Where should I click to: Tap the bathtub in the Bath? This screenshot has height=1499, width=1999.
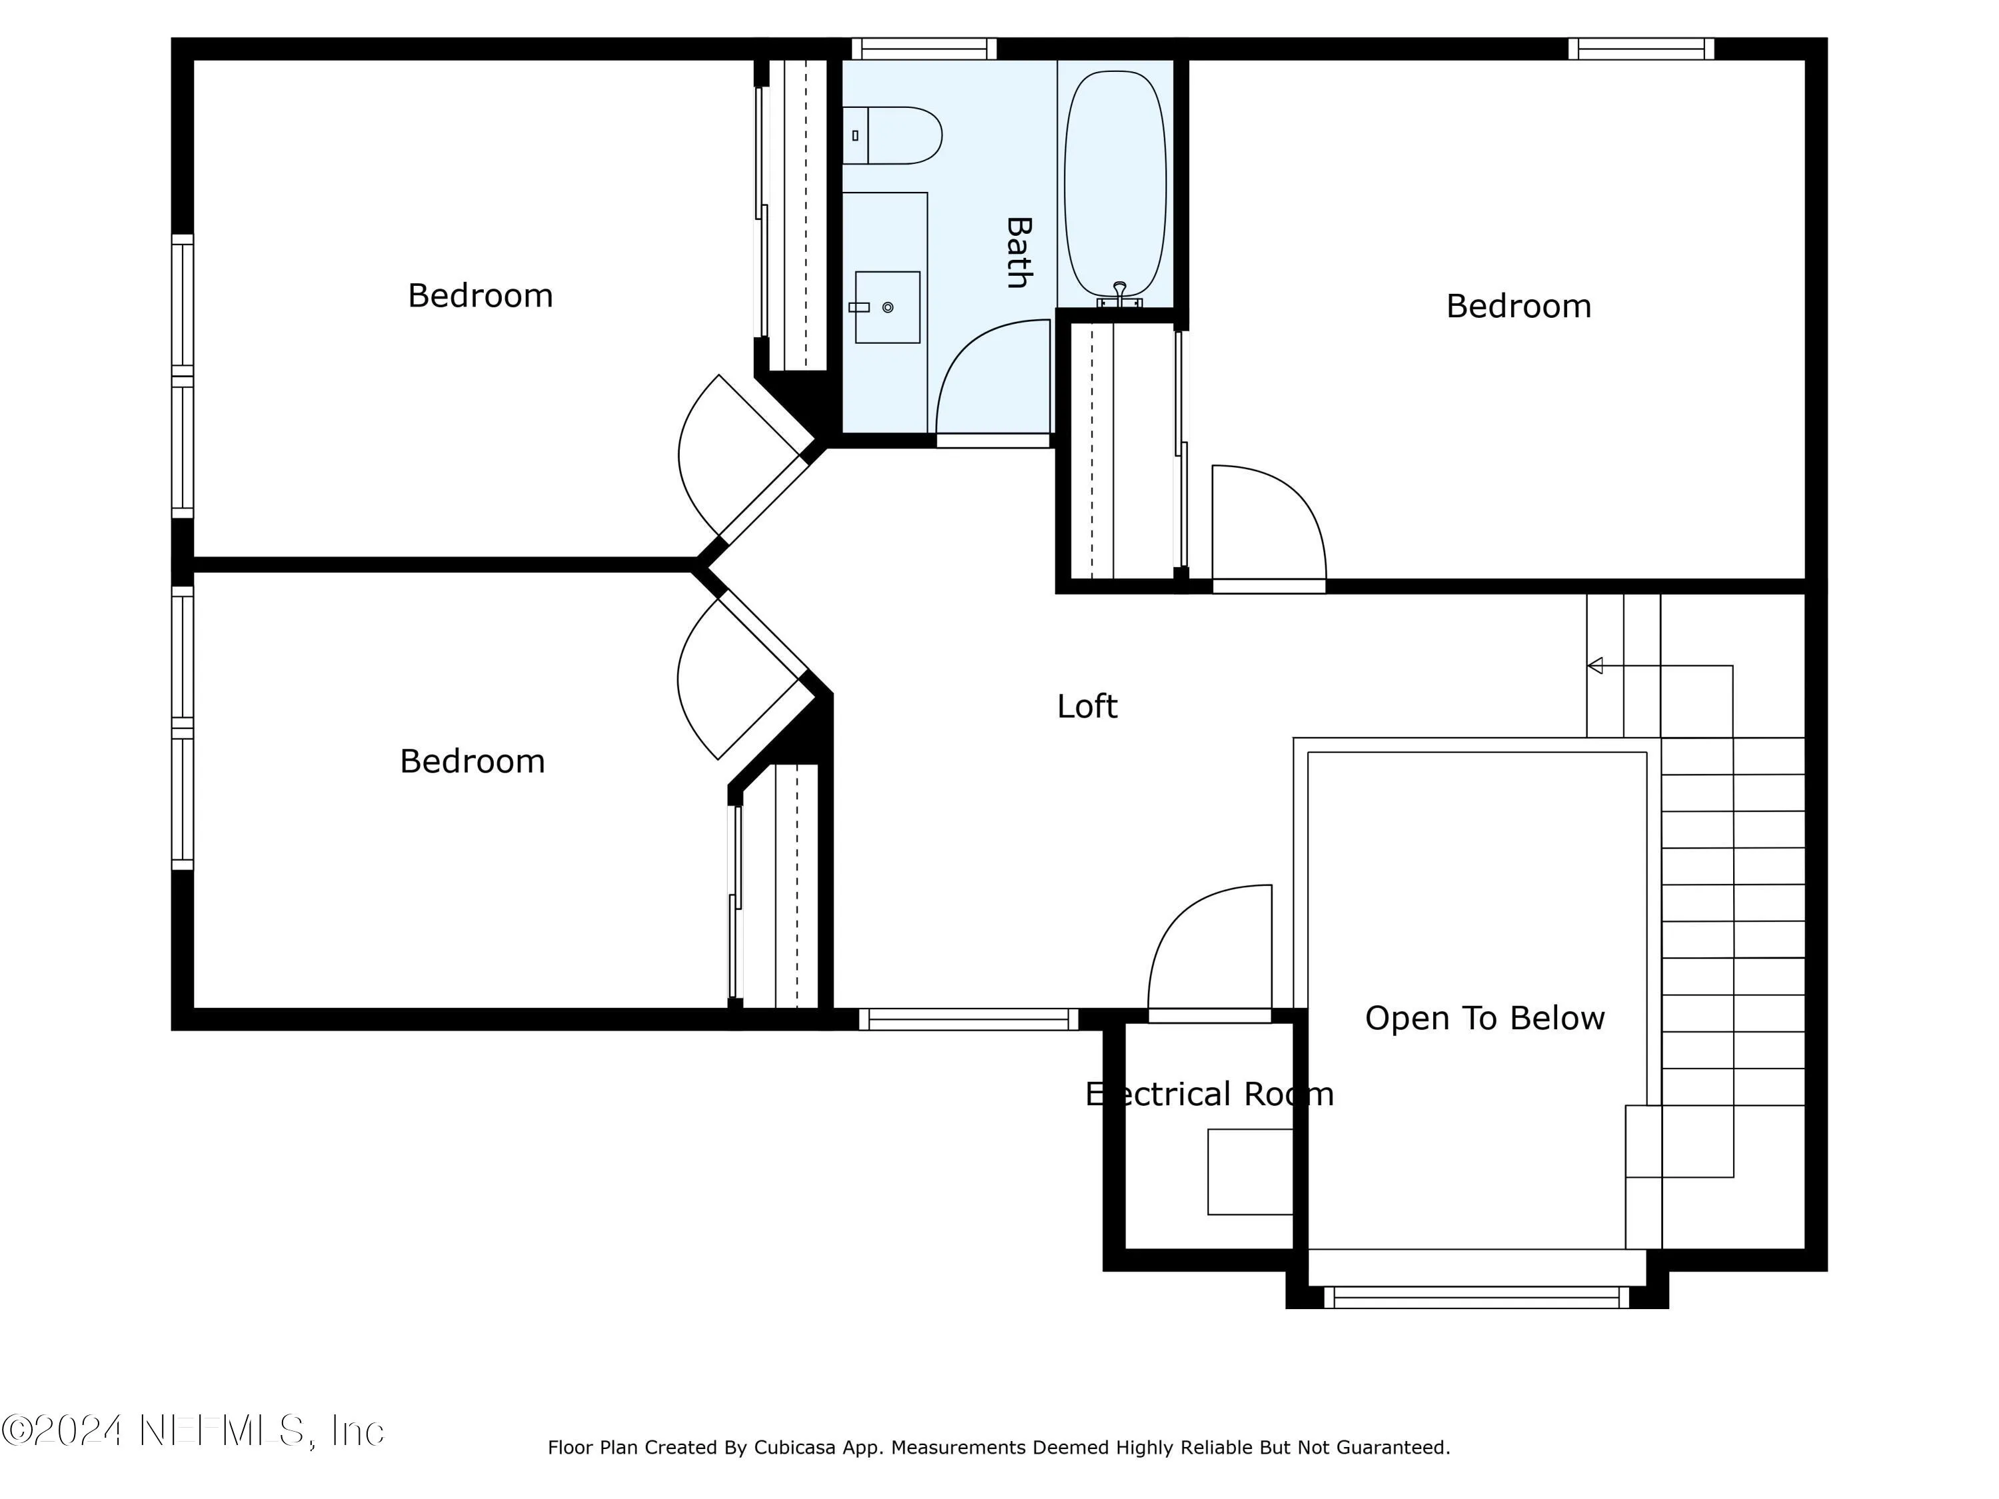[1115, 185]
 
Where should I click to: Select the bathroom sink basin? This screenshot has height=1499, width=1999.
[888, 307]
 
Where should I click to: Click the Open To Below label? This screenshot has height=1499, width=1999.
[1485, 1018]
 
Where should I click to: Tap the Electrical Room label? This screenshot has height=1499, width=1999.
[1209, 1094]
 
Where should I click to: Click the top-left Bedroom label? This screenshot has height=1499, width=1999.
[480, 295]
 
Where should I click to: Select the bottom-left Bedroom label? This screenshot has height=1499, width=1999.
[472, 761]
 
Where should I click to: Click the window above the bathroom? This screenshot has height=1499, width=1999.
[924, 48]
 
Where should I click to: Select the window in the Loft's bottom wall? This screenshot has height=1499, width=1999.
[968, 1019]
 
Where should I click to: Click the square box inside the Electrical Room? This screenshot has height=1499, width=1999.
[1251, 1171]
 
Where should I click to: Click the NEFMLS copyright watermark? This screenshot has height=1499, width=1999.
[193, 1430]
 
